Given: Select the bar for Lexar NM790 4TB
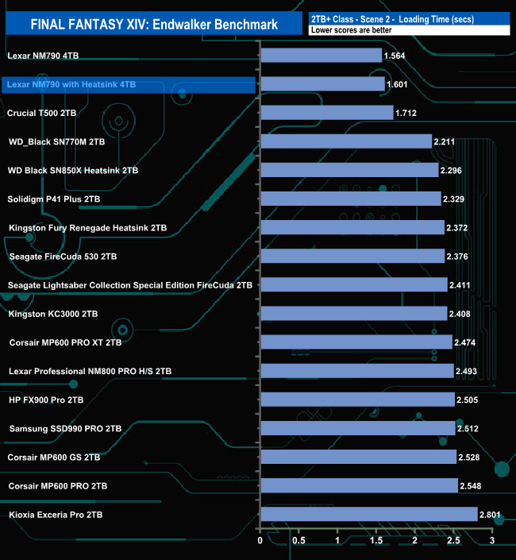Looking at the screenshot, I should pos(321,56).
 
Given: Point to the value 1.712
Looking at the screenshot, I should pos(406,114).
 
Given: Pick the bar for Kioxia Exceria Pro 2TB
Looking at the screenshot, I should pos(368,515).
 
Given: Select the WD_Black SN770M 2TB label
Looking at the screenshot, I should pos(56,142).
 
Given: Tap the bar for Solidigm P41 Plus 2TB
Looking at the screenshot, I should pos(350,199).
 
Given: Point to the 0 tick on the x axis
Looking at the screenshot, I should pos(260,542).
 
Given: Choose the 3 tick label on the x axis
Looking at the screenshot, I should pos(492,542).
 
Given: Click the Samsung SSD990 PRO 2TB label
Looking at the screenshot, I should pos(66,429).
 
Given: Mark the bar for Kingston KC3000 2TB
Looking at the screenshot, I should pos(353,314).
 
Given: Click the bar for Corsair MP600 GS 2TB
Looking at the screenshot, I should pos(358,458).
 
